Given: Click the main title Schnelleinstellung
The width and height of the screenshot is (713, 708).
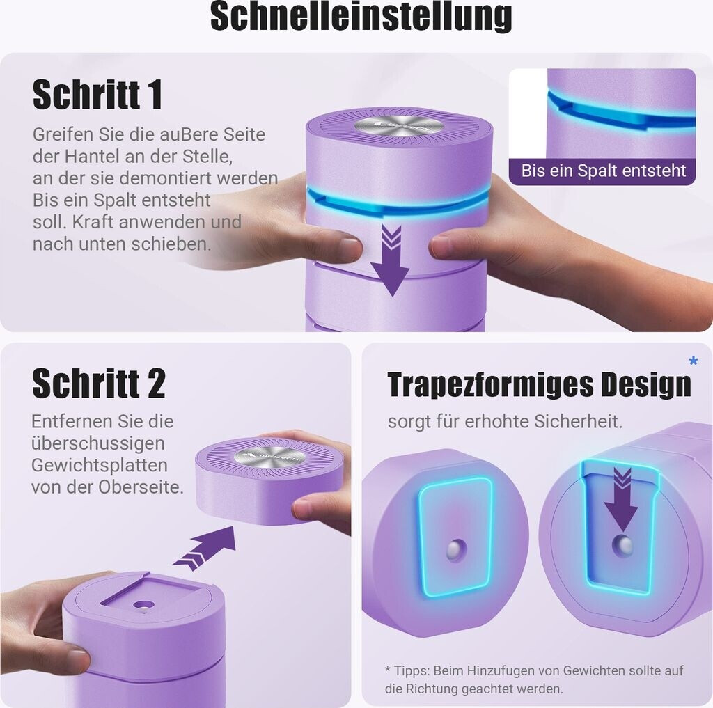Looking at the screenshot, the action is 361,16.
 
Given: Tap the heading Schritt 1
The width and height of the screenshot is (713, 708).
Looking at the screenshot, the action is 97,94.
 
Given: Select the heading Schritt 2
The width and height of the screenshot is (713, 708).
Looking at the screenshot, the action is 99,383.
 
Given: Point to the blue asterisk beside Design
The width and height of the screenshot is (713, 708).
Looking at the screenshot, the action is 693,361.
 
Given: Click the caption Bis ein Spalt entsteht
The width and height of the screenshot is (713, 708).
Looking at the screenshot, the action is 603,171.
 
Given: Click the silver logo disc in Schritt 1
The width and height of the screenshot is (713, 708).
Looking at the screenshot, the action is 399,129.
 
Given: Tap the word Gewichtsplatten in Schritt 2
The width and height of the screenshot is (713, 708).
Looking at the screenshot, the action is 100,465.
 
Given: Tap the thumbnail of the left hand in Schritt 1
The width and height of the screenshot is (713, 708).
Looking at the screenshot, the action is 348,245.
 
